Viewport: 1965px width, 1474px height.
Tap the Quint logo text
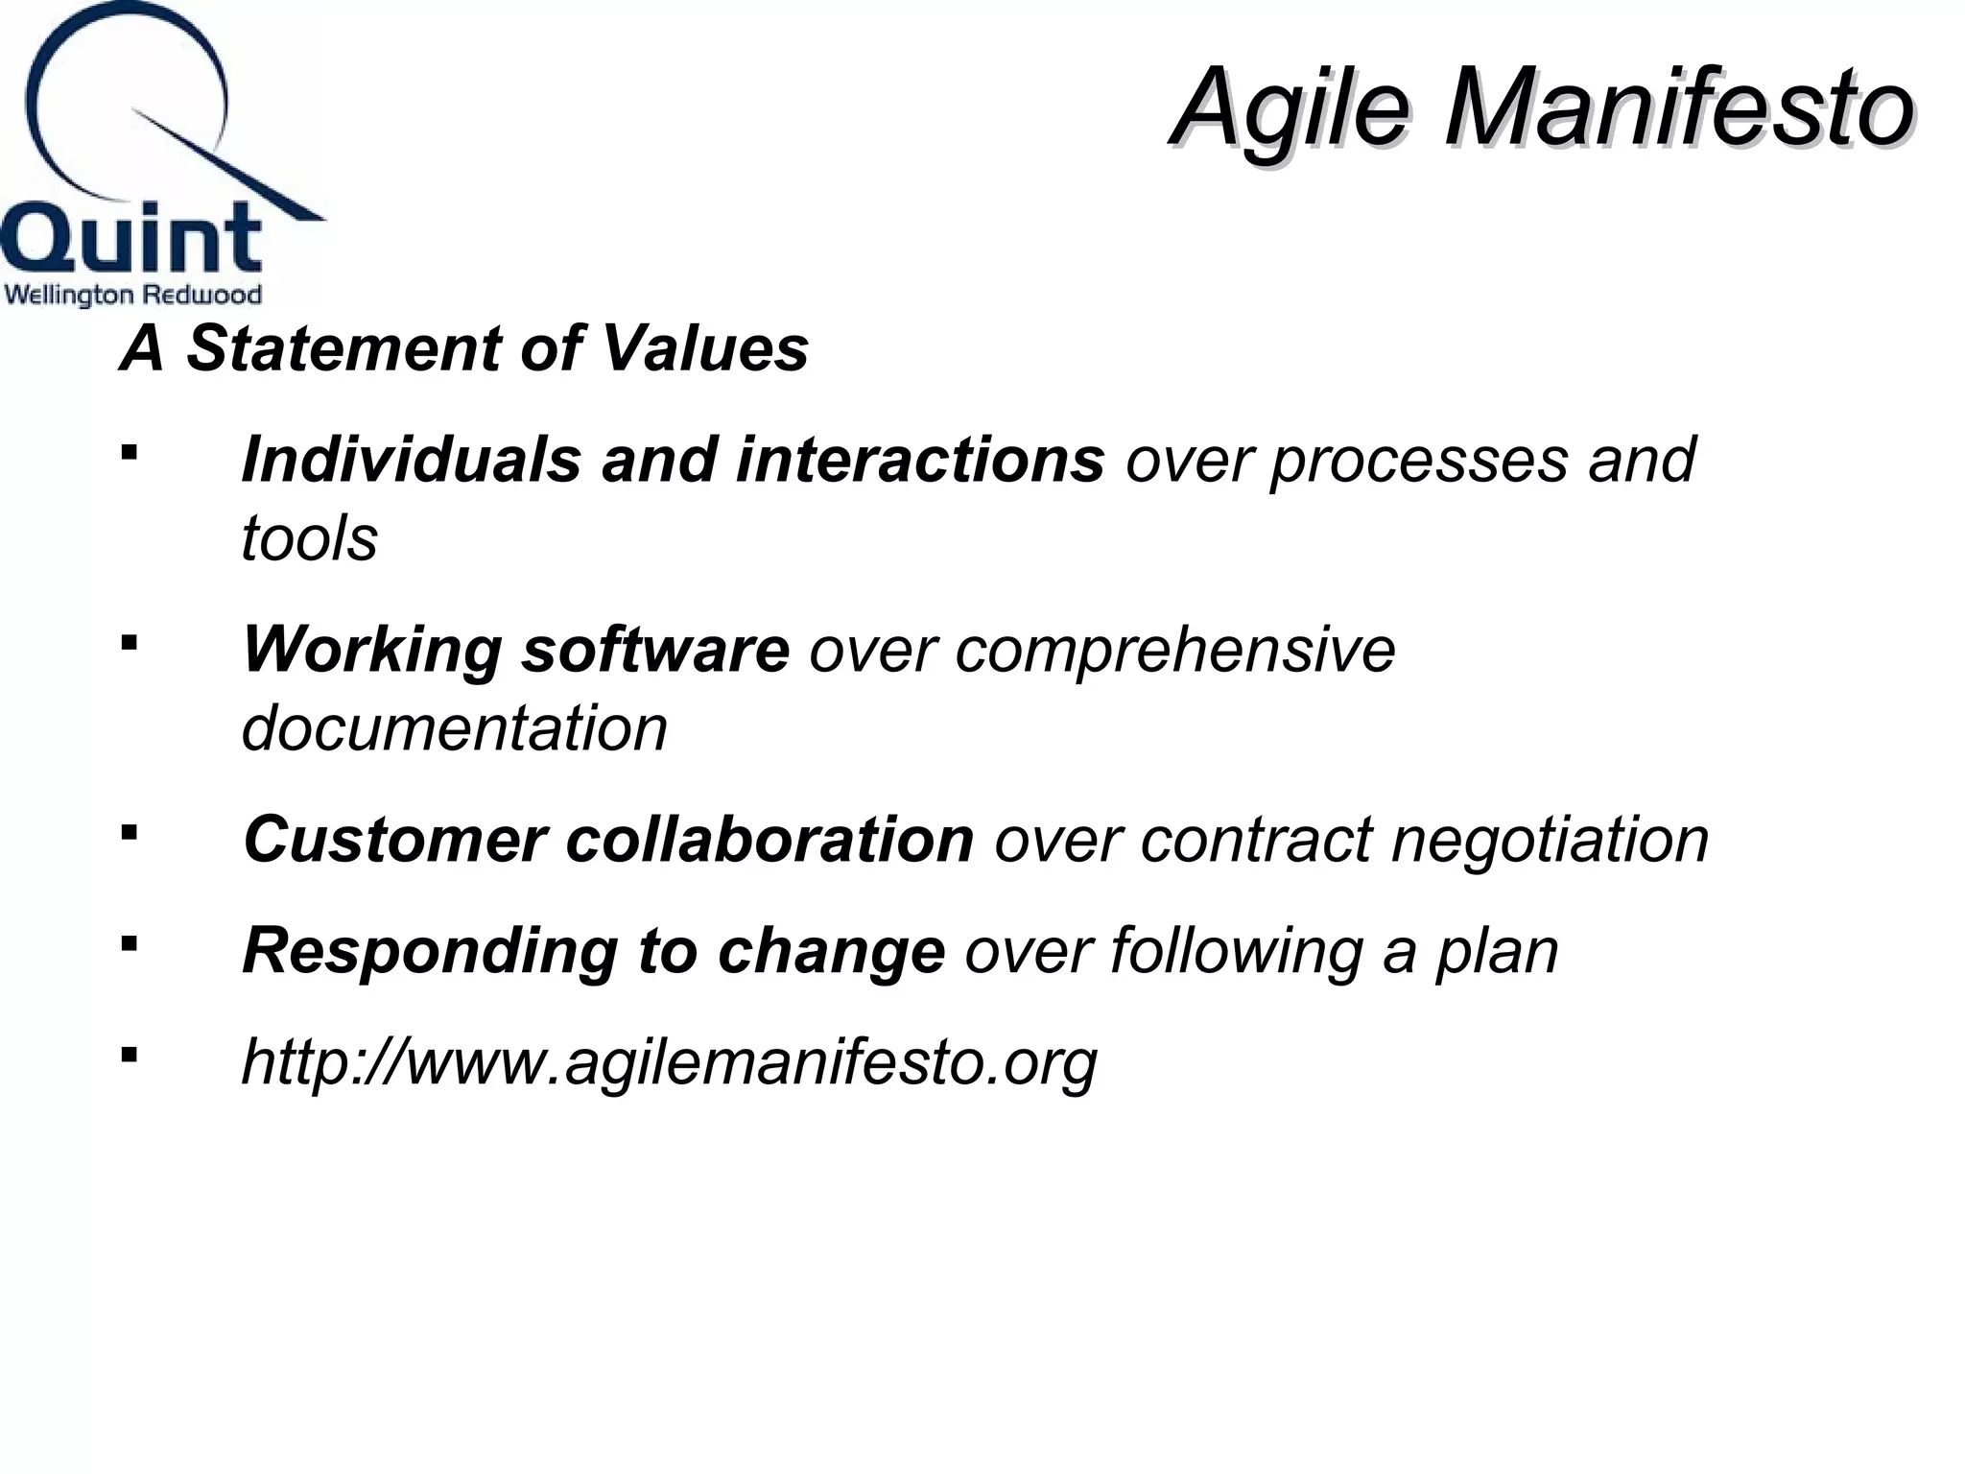pos(131,239)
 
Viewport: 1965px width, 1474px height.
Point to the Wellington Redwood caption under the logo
pos(132,295)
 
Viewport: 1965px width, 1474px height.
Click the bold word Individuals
pos(412,460)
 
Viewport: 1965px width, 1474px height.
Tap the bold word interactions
pos(920,460)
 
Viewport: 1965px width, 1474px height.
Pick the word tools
pos(309,537)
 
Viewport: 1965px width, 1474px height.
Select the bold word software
pos(654,650)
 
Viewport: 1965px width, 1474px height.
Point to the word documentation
pos(454,728)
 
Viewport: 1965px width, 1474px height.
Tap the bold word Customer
pos(394,840)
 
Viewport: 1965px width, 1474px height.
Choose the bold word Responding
pos(430,953)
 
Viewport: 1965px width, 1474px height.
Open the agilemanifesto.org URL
pos(669,1063)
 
